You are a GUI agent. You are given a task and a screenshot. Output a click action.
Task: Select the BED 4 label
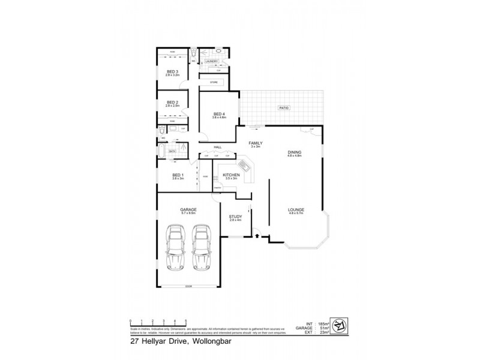coord(218,115)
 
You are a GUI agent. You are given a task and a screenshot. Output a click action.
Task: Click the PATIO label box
coord(283,107)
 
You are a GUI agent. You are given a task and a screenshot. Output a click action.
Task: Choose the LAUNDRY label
coord(211,61)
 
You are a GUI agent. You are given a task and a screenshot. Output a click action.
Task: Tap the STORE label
coord(213,82)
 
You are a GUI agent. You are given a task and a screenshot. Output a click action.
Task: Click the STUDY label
coord(234,218)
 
